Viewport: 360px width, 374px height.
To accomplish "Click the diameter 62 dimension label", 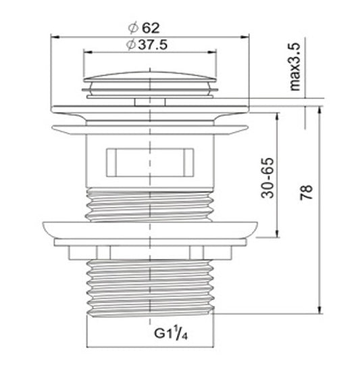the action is [144, 28].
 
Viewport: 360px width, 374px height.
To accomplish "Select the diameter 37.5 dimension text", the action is [147, 45].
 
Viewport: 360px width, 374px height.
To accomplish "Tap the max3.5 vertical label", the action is [294, 67].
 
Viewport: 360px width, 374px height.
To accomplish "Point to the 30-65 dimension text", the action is [267, 178].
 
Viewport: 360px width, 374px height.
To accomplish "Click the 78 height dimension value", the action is [306, 192].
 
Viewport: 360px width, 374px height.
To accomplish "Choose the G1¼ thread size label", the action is [171, 333].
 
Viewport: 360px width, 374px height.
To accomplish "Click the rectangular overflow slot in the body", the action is [150, 162].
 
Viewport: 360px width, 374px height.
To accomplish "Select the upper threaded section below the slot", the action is [150, 205].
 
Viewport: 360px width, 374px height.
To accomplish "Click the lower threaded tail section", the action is [150, 288].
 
